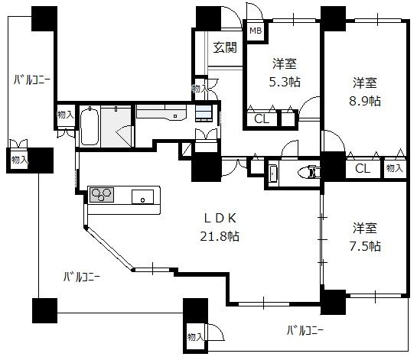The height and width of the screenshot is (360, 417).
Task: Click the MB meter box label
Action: tap(256, 31)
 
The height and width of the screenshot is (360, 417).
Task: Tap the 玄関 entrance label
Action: tap(225, 47)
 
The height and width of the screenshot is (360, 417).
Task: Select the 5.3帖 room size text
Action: tap(285, 82)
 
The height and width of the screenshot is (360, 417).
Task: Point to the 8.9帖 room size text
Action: tap(365, 101)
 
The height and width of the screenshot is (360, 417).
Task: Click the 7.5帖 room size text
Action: tap(365, 246)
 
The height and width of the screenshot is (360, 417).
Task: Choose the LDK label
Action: tap(220, 218)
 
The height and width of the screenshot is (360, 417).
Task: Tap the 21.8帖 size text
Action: tap(220, 236)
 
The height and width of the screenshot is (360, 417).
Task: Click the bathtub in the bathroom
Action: tap(90, 125)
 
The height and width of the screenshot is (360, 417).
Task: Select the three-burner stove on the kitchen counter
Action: tap(102, 195)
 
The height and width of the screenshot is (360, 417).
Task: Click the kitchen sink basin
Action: tap(142, 197)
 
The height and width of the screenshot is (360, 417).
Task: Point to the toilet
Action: tap(310, 172)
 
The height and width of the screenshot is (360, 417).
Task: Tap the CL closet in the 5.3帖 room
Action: tap(262, 119)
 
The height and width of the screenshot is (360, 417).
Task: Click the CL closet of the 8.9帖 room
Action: tap(363, 168)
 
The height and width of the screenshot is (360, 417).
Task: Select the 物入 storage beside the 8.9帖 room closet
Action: tap(394, 168)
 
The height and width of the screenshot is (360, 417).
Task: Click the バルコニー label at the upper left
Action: tap(32, 79)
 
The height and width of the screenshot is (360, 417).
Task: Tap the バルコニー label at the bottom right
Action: tap(305, 331)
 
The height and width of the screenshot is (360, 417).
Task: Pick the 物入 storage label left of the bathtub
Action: tap(65, 115)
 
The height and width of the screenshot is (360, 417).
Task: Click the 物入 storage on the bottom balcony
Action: tap(195, 337)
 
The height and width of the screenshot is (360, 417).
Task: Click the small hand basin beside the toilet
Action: tap(273, 174)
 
